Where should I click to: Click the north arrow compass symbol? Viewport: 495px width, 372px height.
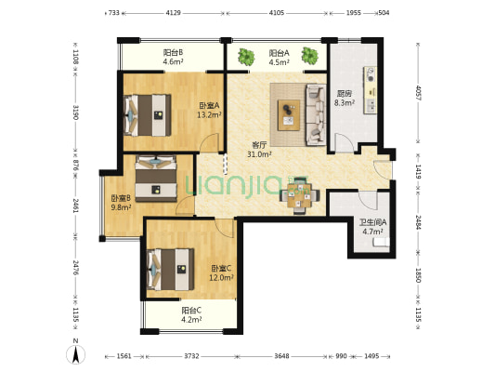(x=76, y=354)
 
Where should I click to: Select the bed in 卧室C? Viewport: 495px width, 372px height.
(x=171, y=270)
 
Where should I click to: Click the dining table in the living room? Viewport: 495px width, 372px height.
(x=299, y=196)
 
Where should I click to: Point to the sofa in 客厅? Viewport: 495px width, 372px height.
(x=316, y=114)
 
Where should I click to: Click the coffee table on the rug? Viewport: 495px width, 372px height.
(x=289, y=115)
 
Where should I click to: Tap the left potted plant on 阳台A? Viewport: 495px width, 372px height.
(x=246, y=57)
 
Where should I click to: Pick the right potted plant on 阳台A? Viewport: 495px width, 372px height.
(x=309, y=56)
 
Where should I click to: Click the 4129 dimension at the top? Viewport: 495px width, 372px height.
(x=173, y=13)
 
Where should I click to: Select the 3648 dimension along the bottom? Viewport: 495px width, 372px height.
(x=281, y=356)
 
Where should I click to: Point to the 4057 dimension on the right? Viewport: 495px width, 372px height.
(x=418, y=93)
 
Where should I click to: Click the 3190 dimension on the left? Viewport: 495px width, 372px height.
(x=76, y=113)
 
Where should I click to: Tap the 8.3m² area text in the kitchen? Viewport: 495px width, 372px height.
(x=345, y=102)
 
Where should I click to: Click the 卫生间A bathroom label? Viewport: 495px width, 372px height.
(x=372, y=222)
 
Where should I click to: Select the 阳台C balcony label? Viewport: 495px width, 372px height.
(x=191, y=311)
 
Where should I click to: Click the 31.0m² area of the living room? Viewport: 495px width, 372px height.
(x=259, y=154)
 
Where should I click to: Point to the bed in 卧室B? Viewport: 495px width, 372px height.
(x=156, y=179)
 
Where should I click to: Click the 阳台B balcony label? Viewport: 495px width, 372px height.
(x=173, y=52)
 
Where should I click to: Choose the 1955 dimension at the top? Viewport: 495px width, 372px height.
(x=354, y=13)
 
